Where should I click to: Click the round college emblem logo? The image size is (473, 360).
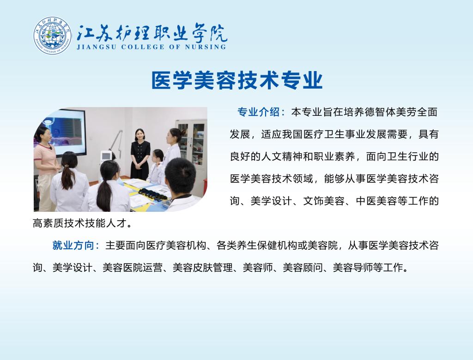pyautogui.click(x=53, y=36)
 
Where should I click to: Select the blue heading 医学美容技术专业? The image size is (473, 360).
pyautogui.click(x=237, y=80)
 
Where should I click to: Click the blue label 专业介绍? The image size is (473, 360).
pyautogui.click(x=258, y=112)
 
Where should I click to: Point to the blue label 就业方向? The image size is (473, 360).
pyautogui.click(x=73, y=245)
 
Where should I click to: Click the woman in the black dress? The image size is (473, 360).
pyautogui.click(x=140, y=154)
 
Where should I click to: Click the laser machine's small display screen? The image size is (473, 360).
pyautogui.click(x=106, y=156)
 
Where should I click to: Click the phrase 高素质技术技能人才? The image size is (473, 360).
pyautogui.click(x=79, y=223)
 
